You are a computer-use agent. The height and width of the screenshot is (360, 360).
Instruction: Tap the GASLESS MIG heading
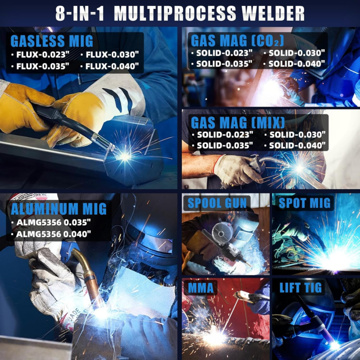point(52,41)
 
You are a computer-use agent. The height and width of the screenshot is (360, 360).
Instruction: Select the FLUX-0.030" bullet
point(110,54)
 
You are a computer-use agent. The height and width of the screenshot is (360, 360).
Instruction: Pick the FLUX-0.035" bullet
point(40,66)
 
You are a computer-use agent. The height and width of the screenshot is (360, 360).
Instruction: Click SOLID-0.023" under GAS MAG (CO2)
point(222,53)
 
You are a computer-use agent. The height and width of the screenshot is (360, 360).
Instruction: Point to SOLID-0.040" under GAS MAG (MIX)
point(295,145)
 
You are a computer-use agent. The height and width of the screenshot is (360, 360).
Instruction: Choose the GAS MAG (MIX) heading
point(238,122)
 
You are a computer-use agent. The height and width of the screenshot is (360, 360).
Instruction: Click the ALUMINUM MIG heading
point(59,209)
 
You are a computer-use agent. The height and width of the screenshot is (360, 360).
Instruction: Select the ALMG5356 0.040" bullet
point(51,234)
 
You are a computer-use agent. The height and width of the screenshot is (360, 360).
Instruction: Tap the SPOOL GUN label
point(217,203)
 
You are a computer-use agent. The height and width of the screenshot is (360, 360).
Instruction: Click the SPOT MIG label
point(305,203)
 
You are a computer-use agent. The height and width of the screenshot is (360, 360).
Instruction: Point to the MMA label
point(201,288)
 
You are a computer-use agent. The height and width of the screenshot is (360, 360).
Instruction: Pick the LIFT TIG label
point(301,288)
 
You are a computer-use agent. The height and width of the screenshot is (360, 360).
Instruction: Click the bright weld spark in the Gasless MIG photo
point(125,156)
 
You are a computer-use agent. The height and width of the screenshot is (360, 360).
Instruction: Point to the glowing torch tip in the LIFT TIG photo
point(334,345)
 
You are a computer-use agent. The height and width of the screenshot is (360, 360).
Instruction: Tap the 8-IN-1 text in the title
point(80,13)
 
